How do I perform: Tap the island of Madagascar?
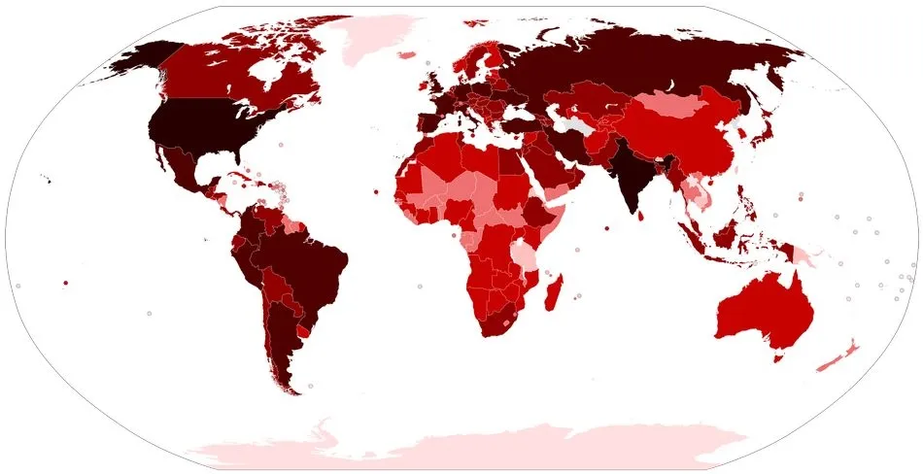tap(555, 292)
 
